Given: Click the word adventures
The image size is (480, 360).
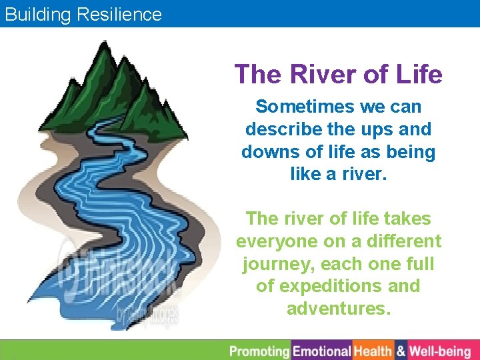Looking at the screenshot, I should [x=339, y=309].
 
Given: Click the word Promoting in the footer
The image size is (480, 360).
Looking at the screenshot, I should [x=260, y=351].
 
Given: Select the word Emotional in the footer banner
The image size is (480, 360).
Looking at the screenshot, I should [x=322, y=351].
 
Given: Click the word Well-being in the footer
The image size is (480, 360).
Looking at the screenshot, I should [x=440, y=351].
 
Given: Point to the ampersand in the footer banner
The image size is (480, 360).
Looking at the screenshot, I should [x=401, y=351].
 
